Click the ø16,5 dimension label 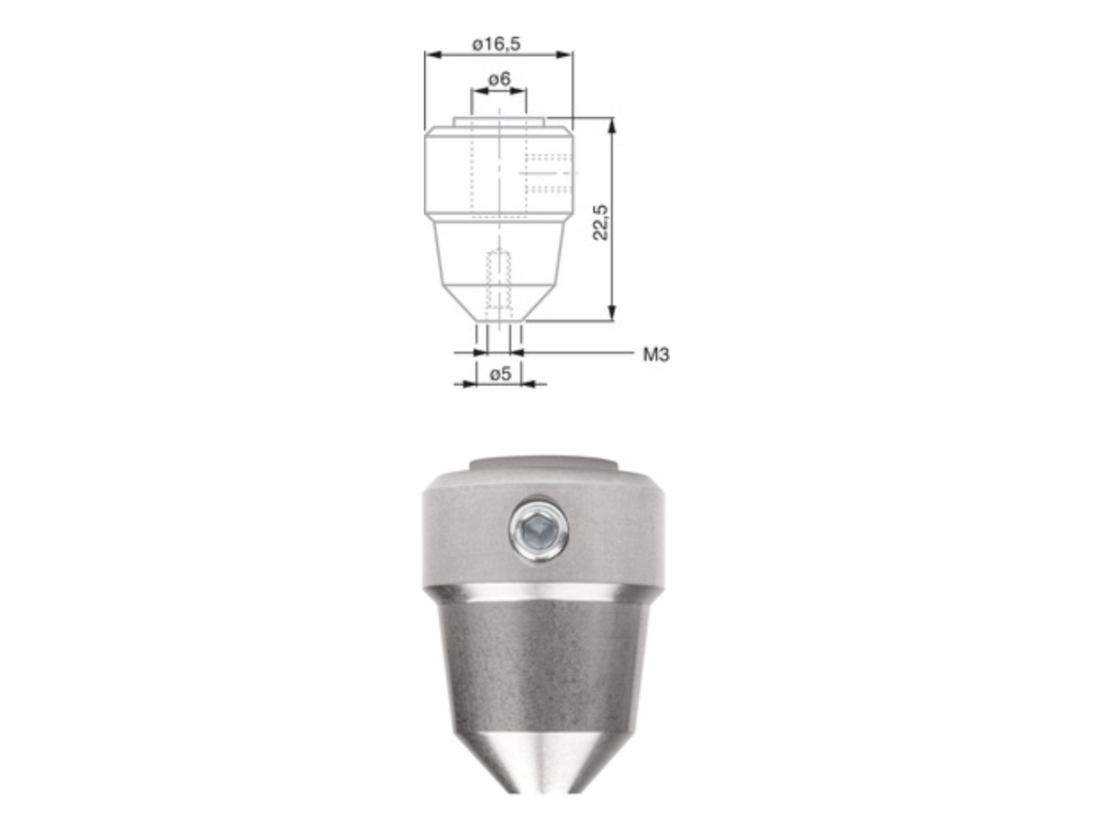[496, 44]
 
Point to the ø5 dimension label [500, 373]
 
